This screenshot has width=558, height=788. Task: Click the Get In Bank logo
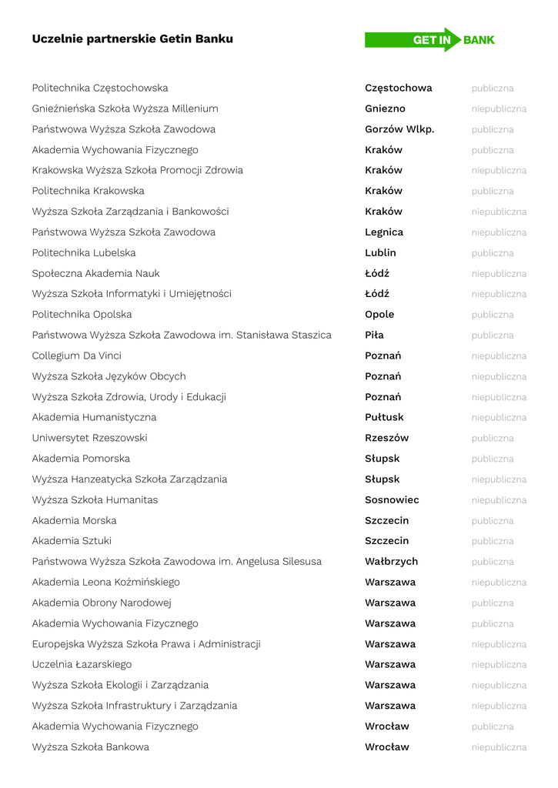tap(429, 40)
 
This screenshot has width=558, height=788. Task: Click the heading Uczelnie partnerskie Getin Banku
tap(132, 38)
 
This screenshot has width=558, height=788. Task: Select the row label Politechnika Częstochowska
tap(100, 88)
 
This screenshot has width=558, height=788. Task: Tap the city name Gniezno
tap(385, 109)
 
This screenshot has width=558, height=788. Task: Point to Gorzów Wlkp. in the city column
tap(399, 129)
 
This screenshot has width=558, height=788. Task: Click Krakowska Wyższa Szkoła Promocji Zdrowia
tap(137, 170)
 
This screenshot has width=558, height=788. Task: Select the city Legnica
tap(384, 232)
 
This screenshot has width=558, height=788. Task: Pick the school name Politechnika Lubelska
tap(84, 252)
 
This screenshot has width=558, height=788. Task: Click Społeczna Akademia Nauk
tap(96, 273)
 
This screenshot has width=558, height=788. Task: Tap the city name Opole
tap(379, 315)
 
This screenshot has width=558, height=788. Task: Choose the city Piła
tap(374, 335)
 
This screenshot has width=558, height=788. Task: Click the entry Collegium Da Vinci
tap(77, 356)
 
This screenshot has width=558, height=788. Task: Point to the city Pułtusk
tap(384, 417)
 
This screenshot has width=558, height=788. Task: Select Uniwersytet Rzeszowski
tap(89, 438)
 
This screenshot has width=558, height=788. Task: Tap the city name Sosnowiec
tap(392, 499)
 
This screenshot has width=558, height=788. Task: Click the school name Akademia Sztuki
tap(72, 541)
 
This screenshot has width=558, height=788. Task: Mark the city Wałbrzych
tap(391, 562)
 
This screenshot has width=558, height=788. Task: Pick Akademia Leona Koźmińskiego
tap(105, 582)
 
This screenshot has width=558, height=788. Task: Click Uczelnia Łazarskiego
tap(82, 664)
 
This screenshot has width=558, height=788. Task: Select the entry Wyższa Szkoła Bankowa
tap(91, 746)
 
